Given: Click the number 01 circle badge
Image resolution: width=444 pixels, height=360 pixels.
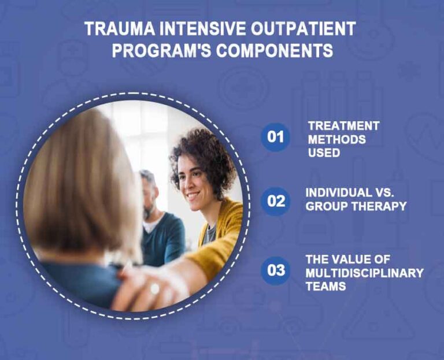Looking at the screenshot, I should coord(276,137).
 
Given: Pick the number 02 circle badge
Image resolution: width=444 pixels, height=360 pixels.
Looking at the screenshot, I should coord(276,201).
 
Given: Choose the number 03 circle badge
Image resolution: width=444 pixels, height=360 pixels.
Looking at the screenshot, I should coord(276,270).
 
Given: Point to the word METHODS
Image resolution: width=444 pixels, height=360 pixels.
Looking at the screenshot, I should coord(336,139).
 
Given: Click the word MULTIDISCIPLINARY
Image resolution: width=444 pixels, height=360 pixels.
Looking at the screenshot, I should coord(364,272).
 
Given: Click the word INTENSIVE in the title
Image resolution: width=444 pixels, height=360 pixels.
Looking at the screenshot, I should coord(197,29).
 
